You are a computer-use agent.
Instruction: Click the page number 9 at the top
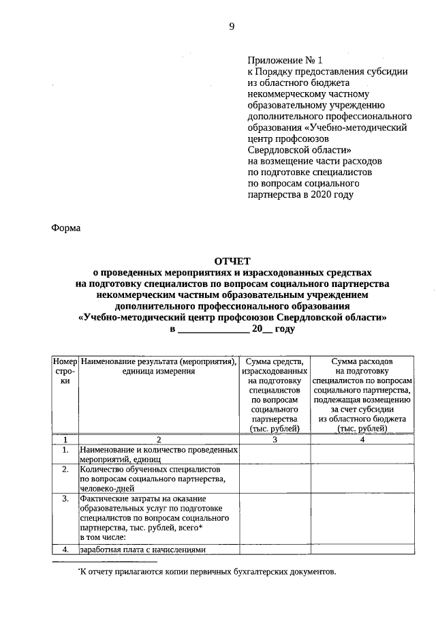[x=232, y=26]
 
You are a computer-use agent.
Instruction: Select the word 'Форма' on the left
[x=66, y=228]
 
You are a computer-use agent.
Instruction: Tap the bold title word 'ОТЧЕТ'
[x=232, y=261]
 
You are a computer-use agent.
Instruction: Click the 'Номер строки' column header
[x=65, y=371]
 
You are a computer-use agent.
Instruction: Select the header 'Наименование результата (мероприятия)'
[x=158, y=361]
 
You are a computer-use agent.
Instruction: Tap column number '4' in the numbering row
[x=362, y=440]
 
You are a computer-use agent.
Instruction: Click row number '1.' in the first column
[x=65, y=450]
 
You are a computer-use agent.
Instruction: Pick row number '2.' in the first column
[x=65, y=470]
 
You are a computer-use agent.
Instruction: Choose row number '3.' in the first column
[x=65, y=498]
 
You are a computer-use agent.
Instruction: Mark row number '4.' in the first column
[x=65, y=550]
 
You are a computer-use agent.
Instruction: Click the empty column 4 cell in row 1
[x=362, y=455]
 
